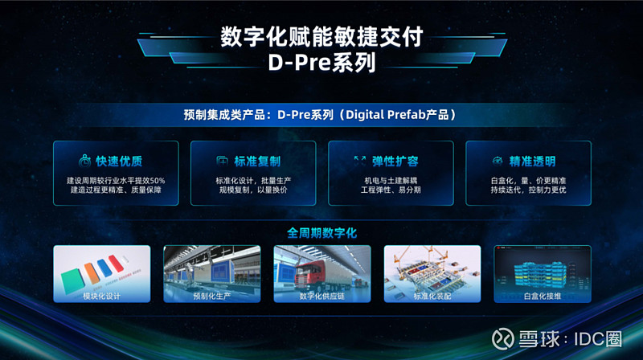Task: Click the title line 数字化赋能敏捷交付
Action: (x=321, y=37)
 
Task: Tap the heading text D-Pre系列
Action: (x=321, y=63)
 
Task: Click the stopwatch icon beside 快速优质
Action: (x=84, y=162)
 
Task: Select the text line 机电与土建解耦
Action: (x=391, y=179)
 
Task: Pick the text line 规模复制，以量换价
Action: (x=253, y=190)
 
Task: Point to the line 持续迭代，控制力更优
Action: (x=528, y=190)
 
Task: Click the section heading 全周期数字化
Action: (x=321, y=232)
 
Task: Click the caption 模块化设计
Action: (x=101, y=296)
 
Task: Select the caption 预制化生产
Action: (x=211, y=296)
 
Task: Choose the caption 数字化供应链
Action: (x=321, y=296)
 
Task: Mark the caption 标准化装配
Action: (x=432, y=296)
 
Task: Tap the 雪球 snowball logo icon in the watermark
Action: (x=504, y=337)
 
